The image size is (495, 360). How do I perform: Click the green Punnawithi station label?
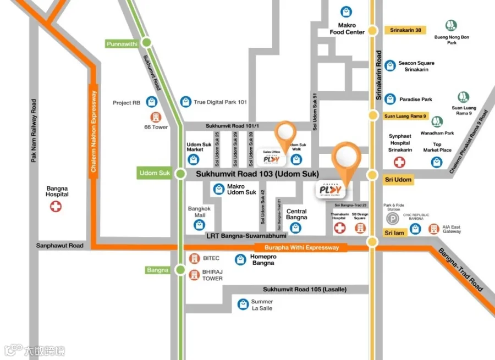121,43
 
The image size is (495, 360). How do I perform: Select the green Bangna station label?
158,270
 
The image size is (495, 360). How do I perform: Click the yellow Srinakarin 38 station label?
406,30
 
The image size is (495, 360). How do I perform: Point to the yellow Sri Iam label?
394,233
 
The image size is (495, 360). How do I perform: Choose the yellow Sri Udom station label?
398,180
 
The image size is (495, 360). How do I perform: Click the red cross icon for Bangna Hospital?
56,207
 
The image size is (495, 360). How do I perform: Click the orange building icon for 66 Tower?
156,117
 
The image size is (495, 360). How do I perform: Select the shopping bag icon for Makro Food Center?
346,11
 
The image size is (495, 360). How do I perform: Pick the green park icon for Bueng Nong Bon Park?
452,25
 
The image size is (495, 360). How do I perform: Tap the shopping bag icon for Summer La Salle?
243,304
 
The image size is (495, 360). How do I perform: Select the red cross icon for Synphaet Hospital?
399,162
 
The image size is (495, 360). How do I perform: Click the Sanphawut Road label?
60,246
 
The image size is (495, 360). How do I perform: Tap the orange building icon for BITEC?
194,258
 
